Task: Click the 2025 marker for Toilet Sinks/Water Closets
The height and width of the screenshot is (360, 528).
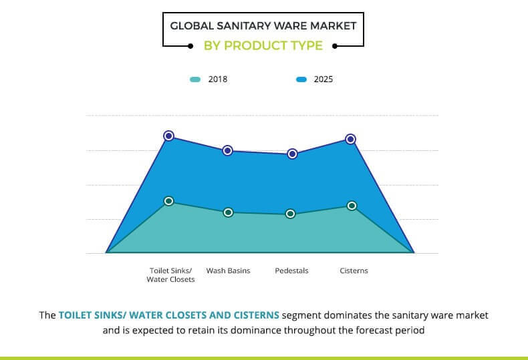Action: point(169,136)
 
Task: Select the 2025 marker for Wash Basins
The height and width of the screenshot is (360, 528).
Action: point(227,151)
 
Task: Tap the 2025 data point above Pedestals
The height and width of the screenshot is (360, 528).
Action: point(292,154)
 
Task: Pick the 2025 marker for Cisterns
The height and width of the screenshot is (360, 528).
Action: point(350,139)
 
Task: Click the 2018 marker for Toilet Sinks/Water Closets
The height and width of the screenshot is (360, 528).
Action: point(169,201)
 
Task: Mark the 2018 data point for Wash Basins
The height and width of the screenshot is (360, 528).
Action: point(228,212)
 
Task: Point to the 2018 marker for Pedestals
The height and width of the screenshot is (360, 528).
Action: point(291,214)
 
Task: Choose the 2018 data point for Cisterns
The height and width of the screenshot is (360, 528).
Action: point(352,206)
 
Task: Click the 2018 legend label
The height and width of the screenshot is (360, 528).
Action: point(218,79)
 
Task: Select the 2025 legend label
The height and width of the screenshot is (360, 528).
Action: point(323,79)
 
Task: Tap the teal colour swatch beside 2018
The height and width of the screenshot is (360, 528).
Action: point(195,79)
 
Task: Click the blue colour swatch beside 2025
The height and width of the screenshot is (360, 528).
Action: point(301,79)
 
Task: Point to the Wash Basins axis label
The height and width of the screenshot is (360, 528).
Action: point(228,271)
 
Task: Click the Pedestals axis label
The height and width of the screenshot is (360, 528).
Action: point(291,271)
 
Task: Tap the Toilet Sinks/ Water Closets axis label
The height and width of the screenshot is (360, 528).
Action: point(170,275)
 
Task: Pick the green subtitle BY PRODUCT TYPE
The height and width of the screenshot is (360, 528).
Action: point(263,46)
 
